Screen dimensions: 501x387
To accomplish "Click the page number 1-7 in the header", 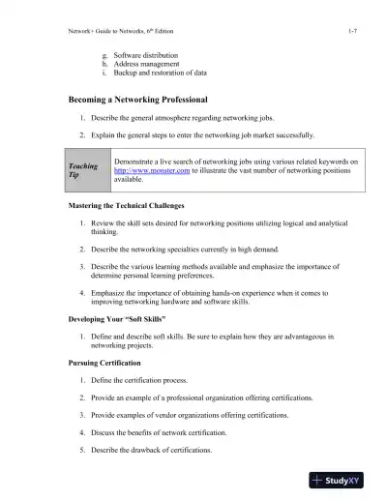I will coord(353,33).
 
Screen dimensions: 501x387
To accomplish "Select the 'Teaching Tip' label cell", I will coord(85,171).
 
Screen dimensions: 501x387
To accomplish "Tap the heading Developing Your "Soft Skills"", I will coord(120,317).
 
